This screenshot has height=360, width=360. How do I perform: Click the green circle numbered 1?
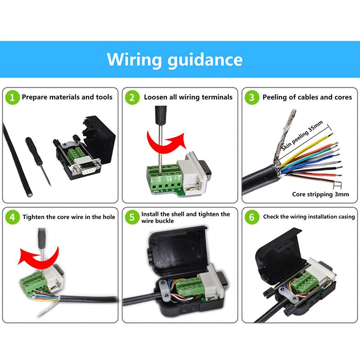(13, 97)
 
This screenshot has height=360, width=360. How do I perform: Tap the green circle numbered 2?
(132, 97)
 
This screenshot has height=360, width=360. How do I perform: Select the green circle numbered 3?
(252, 97)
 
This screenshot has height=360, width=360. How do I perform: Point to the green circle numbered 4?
(13, 217)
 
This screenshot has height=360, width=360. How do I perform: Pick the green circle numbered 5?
(132, 217)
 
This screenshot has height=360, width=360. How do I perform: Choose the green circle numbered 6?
(252, 217)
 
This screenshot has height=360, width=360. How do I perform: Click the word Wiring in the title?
(134, 59)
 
